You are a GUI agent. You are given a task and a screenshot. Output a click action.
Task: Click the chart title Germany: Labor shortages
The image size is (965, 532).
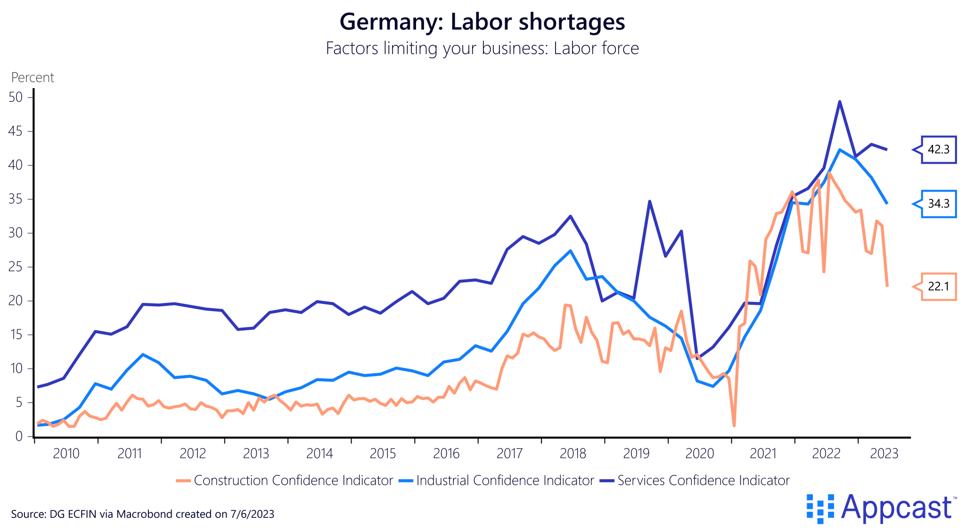point(482,22)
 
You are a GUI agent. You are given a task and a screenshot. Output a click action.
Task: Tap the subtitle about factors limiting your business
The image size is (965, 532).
point(482,49)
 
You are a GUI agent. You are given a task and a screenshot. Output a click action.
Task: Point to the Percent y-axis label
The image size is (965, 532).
point(33,77)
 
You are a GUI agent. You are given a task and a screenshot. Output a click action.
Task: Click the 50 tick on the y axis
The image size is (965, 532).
point(16,98)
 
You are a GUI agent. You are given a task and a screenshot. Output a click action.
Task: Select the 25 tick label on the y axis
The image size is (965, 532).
point(16,267)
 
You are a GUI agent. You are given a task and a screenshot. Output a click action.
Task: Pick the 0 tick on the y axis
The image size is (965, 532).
point(19,436)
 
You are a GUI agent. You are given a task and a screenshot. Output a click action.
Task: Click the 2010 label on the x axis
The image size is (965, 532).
point(66,454)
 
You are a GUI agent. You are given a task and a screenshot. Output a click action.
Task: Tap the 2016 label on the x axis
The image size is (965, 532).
point(446,454)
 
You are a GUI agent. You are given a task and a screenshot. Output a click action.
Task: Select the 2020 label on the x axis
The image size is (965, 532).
point(700,454)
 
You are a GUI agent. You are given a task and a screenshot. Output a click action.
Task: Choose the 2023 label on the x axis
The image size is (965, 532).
point(884,454)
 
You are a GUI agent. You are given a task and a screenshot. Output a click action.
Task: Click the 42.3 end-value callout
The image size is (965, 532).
point(938,150)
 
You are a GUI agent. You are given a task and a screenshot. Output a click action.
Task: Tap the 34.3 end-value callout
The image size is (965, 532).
point(938,204)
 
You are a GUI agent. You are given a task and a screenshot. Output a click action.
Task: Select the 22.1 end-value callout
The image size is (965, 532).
point(938,286)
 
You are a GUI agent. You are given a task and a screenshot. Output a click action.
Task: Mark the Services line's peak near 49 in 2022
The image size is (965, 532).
point(840,102)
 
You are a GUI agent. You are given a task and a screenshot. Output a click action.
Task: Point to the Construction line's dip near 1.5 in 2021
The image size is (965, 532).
point(734,426)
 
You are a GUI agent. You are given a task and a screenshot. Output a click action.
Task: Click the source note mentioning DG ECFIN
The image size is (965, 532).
point(142,514)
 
